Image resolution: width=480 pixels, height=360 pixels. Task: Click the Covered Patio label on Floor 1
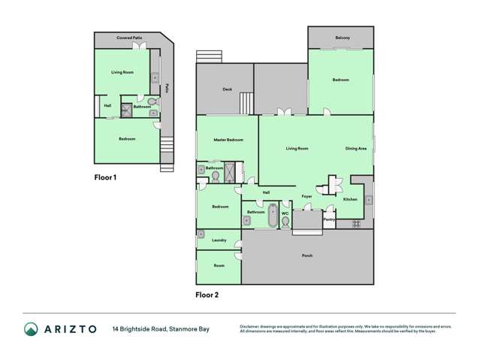coord(129,37)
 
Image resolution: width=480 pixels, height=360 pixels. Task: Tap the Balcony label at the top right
coord(342,37)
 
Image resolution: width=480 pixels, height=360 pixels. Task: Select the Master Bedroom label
coord(228,140)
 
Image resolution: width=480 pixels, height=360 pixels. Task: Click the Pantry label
coord(328,219)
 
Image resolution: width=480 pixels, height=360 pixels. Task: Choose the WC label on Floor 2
coord(285,213)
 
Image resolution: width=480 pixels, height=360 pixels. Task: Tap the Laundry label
coord(219,240)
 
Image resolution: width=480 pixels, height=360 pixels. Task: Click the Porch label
coord(307,256)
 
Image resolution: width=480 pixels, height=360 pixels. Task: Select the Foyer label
coord(306,197)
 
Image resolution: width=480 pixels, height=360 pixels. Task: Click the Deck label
coord(227,89)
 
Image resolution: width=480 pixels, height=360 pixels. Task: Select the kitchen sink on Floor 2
coord(369,200)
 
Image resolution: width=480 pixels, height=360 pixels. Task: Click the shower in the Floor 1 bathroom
coord(127,107)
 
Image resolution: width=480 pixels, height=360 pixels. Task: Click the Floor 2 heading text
coord(207,295)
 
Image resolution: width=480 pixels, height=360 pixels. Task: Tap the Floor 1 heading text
coord(105,178)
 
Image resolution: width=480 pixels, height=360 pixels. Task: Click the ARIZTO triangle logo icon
coord(32,328)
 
